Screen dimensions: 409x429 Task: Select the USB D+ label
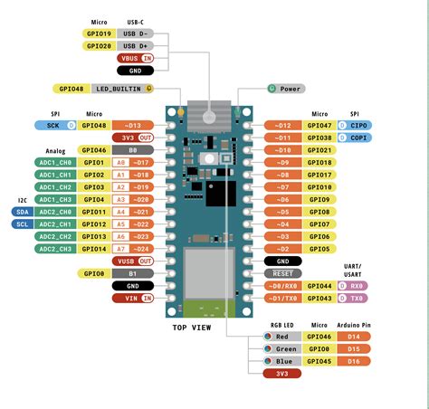coord(135,44)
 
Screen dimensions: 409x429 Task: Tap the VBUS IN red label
coord(135,57)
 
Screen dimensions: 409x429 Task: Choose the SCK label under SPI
coord(54,125)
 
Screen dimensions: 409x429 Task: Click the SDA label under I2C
coord(23,211)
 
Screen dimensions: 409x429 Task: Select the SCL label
coord(23,224)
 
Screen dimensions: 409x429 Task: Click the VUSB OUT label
coord(135,261)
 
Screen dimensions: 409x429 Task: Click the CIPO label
coord(355,125)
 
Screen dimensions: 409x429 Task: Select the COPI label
coord(355,138)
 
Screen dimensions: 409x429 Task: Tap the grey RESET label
coord(282,272)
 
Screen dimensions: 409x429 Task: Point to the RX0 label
coord(355,285)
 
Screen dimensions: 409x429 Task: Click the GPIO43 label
coord(319,298)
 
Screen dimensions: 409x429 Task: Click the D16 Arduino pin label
coord(355,360)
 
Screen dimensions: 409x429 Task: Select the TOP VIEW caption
coord(191,327)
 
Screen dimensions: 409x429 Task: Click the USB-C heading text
coord(135,20)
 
